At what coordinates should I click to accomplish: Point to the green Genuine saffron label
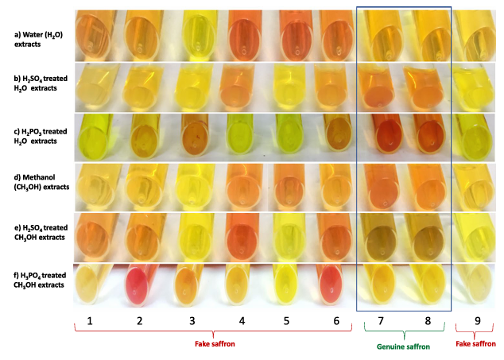coord(404,346)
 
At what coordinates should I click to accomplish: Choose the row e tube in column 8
coord(427,234)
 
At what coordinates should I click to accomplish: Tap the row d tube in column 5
coord(286,186)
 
